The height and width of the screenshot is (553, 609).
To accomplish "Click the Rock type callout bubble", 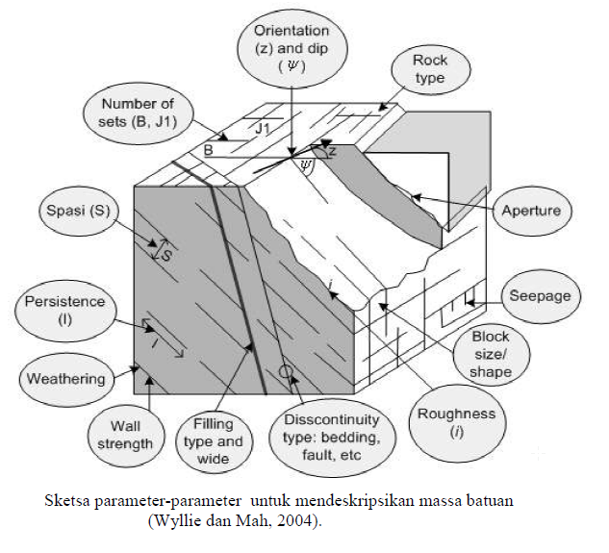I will point(430,69).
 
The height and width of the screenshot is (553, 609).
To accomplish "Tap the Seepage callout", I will point(544,296).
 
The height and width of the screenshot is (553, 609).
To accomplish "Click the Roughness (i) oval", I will point(457,421).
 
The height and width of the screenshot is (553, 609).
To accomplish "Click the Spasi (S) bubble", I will point(78,210).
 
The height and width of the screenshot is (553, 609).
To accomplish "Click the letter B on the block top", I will point(208,150).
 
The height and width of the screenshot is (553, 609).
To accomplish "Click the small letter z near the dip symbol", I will point(332,152).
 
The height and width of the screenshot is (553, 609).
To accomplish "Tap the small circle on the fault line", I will point(286,371).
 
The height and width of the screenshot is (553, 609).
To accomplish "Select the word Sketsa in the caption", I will point(70,503).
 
